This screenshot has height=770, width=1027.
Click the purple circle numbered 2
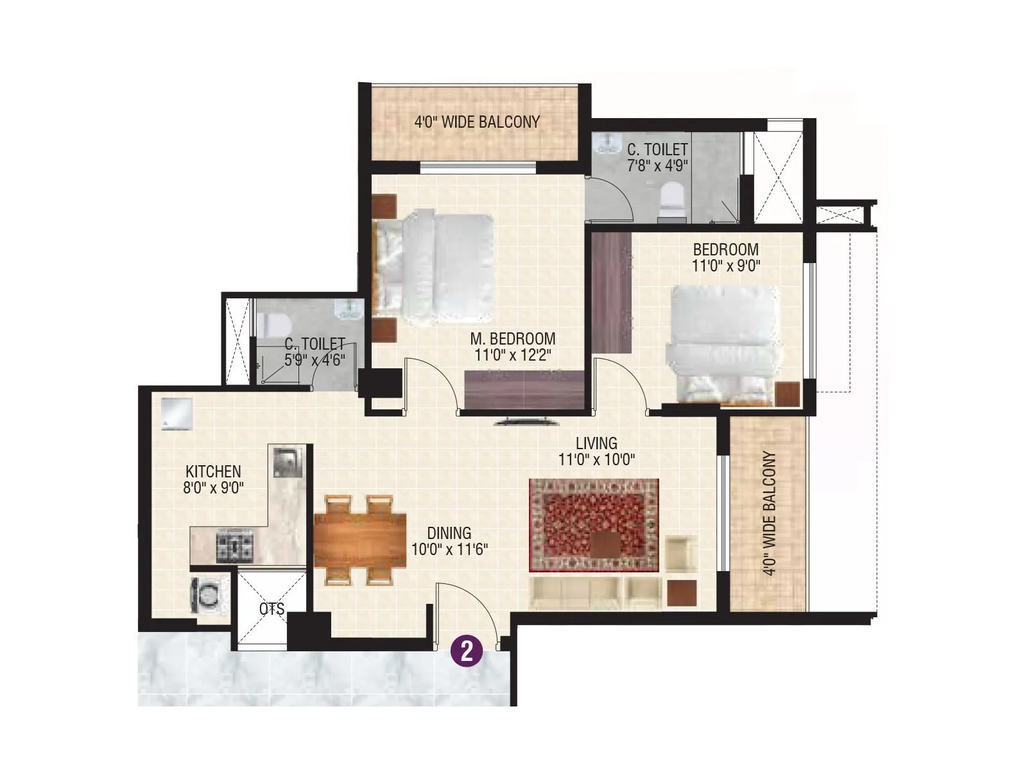467,652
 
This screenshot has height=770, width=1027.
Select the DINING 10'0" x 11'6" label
449,541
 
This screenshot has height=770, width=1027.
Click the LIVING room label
596,443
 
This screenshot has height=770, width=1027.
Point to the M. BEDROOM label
512,338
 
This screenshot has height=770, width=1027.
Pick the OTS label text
272,609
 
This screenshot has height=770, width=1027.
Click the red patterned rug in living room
594,525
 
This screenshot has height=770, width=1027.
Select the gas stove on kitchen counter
236,546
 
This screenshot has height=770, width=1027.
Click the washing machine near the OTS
209,595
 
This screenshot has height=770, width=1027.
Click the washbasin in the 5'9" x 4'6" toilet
349,309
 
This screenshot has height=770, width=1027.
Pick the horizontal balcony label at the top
477,121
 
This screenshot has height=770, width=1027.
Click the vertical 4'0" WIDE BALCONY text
770,513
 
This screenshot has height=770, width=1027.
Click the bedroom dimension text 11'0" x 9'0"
725,266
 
